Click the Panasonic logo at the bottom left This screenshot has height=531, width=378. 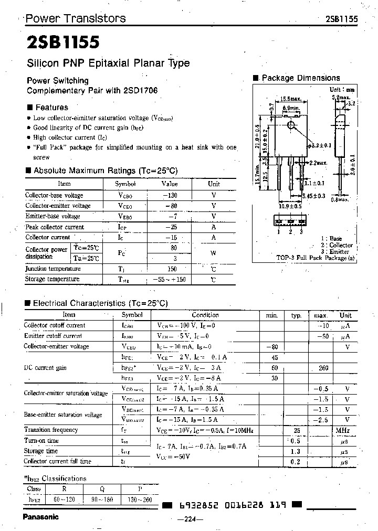click(x=41, y=516)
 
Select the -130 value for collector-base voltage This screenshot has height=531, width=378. click(x=170, y=195)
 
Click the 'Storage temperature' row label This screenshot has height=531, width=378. click(x=52, y=279)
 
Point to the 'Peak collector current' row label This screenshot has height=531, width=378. click(x=55, y=227)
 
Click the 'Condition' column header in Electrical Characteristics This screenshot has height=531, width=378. click(x=205, y=315)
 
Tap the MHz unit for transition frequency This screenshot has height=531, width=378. click(x=343, y=430)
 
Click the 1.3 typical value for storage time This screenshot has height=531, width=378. click(x=295, y=451)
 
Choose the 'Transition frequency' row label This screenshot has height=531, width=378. click(x=51, y=430)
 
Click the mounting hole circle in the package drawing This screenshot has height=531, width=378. click(x=291, y=125)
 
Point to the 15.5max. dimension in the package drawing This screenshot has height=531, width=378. click(x=290, y=99)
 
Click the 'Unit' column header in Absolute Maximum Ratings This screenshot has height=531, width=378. click(x=214, y=184)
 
